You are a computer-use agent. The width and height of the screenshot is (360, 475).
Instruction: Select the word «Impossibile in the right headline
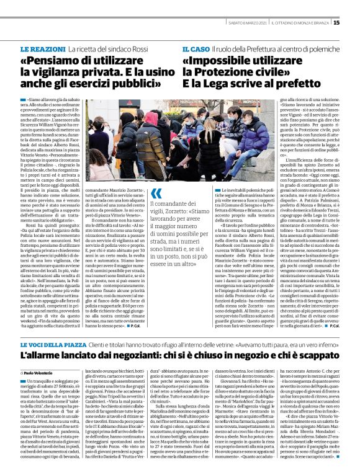pos(218,61)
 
